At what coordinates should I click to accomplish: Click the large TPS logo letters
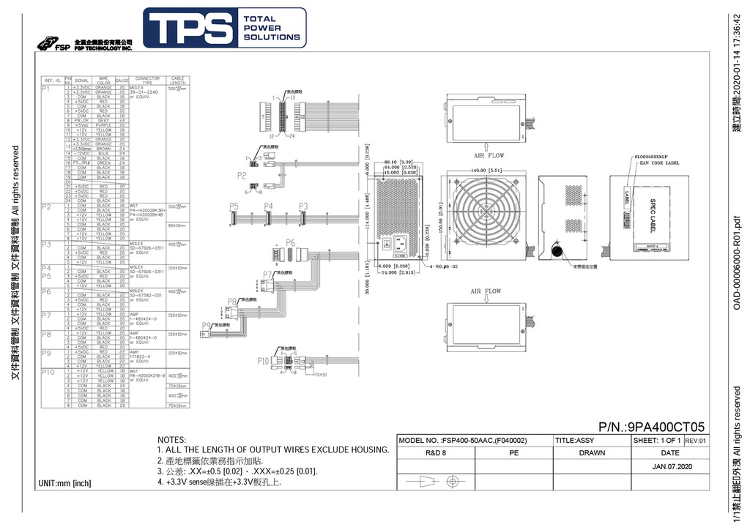189,28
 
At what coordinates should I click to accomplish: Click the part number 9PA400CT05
651,427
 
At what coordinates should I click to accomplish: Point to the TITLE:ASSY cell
574,441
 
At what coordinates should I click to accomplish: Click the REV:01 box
695,441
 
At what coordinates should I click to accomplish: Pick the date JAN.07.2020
672,466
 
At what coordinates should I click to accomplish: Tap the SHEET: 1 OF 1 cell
656,441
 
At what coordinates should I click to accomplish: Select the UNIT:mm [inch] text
64,483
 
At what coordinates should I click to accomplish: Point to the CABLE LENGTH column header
178,80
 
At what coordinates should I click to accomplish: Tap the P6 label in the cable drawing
290,242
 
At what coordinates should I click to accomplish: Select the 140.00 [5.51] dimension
484,170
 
